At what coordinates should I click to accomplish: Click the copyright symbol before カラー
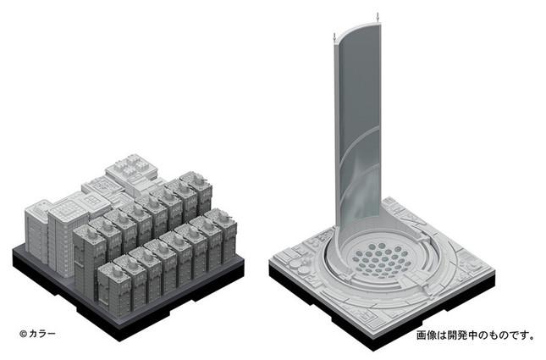pos(23,334)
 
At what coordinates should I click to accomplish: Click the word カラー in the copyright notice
pos(42,334)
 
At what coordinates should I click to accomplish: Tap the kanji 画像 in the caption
pos(426,335)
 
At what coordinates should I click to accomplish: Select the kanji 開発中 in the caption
pos(466,335)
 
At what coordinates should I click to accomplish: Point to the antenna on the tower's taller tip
pos(378,17)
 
